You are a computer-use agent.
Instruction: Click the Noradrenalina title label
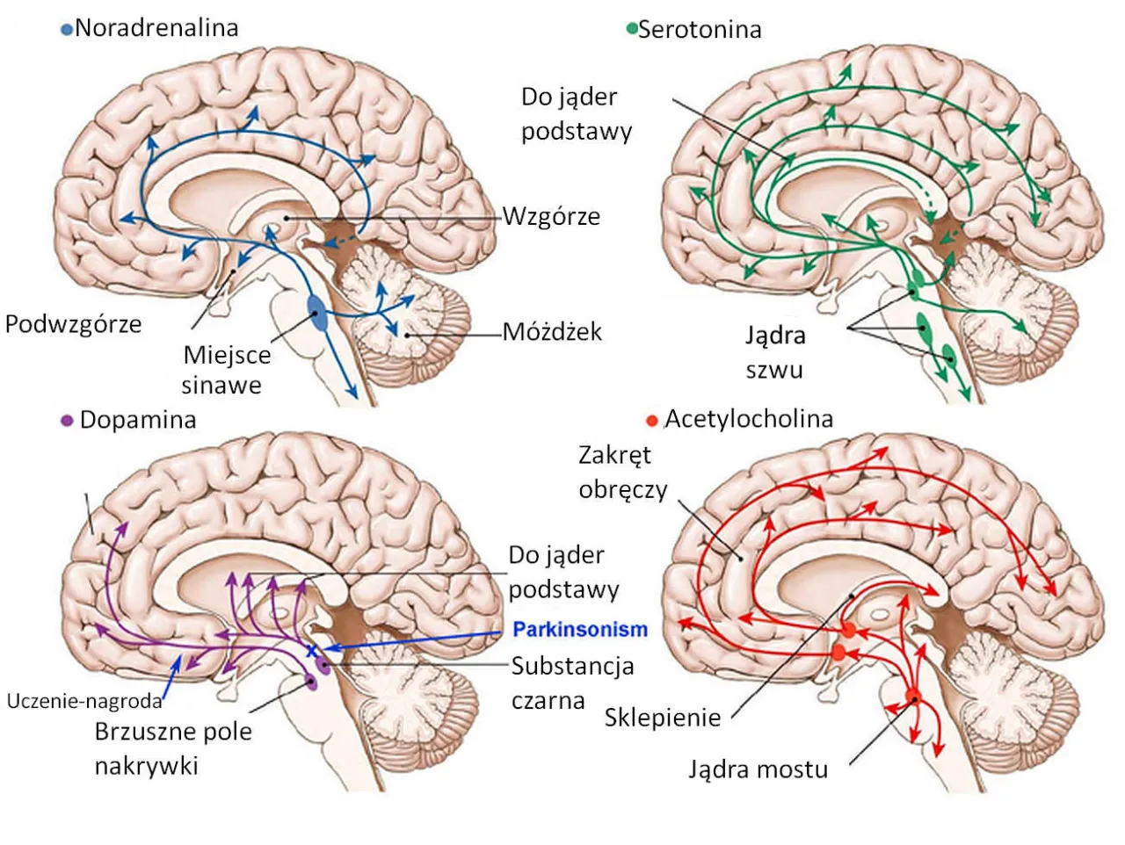pos(156,28)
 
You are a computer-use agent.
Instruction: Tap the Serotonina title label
pos(699,30)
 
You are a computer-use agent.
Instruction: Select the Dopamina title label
pos(137,420)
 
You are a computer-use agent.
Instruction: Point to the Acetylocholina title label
pos(748,419)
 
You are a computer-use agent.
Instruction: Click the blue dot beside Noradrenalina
pos(66,30)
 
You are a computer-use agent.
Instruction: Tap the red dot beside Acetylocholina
pos(651,421)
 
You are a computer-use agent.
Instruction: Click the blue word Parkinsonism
pos(580,630)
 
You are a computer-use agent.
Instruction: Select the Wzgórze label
pos(551,216)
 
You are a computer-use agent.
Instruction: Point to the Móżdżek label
pos(552,332)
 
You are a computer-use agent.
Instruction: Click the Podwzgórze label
pos(73,324)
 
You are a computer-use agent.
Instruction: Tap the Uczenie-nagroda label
pos(84,701)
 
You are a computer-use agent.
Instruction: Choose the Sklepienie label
pos(662,718)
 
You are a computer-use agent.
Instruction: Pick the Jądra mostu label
pos(758,770)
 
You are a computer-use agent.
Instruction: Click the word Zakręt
pos(615,455)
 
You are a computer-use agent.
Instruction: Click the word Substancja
pos(572,666)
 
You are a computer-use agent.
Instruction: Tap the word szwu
pos(774,370)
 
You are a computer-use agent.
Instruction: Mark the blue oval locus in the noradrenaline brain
pos(317,313)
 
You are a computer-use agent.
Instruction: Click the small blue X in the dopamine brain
pos(310,651)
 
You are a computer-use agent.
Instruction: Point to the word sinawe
pos(221,385)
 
